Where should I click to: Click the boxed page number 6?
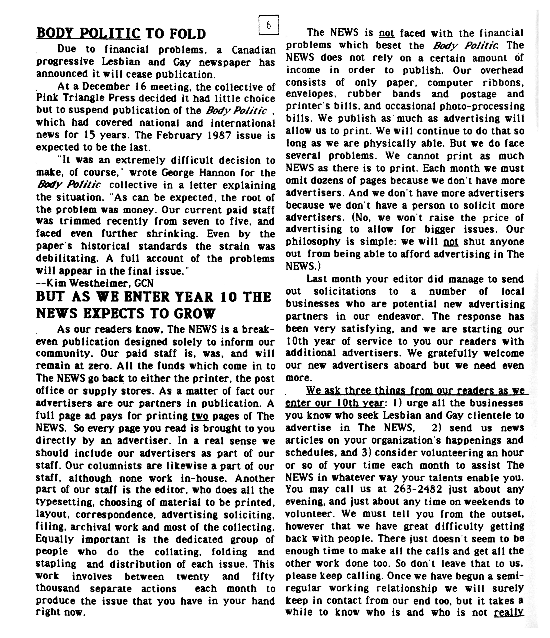coord(268,25)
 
